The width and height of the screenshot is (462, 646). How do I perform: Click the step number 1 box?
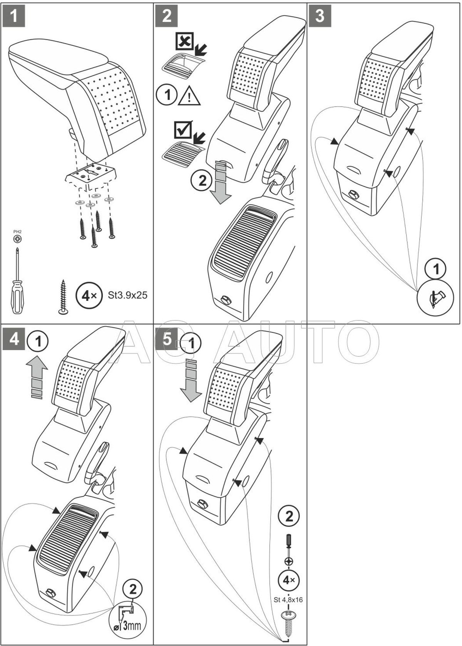(x=14, y=16)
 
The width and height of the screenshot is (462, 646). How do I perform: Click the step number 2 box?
(x=167, y=16)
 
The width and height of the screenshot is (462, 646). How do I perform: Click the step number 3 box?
(x=320, y=16)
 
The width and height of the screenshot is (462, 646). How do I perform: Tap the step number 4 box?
(x=14, y=339)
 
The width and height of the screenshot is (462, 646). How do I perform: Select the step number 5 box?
(x=167, y=339)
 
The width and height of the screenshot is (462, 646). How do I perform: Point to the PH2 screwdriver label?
(x=17, y=232)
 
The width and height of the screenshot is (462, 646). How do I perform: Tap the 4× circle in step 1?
(x=87, y=296)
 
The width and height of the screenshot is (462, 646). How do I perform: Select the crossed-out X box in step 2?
(x=185, y=42)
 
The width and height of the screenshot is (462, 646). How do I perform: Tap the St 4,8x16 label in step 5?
(x=289, y=599)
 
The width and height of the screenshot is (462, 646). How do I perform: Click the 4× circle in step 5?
(x=289, y=580)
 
